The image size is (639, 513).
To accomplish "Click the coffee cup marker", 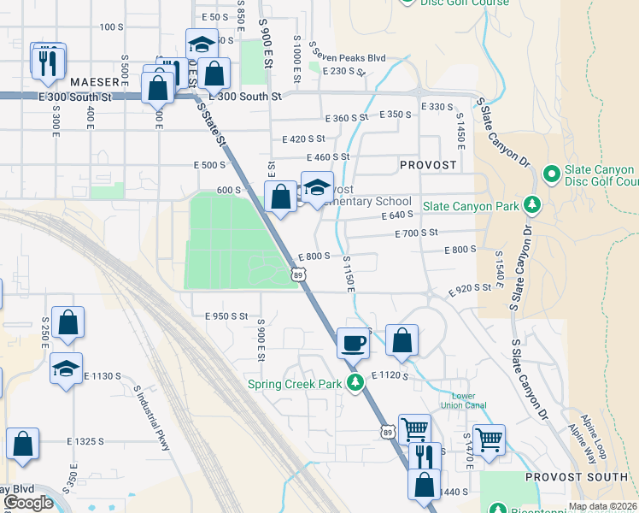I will tap(354, 344).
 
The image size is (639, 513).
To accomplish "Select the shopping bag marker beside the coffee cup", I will tap(402, 340).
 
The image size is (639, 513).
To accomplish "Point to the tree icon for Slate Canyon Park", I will tap(532, 205).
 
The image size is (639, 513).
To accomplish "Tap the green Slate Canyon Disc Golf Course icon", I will tap(551, 175).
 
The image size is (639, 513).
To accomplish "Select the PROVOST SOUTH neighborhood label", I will tap(577, 476).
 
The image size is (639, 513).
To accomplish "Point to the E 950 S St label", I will tap(226, 316).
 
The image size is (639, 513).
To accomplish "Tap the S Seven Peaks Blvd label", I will tap(348, 57).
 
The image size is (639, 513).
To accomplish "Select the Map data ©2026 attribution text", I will tap(601, 506).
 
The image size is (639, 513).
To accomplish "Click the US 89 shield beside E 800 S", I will tap(298, 274).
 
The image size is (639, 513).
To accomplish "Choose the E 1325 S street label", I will tap(85, 441).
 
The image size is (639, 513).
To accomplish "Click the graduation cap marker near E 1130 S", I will tap(66, 369).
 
